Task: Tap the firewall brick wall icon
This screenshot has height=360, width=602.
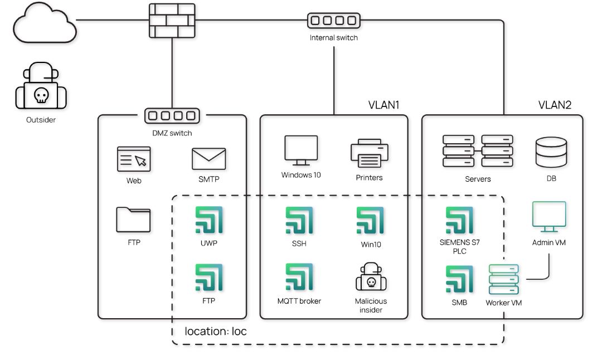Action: (x=172, y=21)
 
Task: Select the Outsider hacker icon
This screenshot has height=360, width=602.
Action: (x=41, y=90)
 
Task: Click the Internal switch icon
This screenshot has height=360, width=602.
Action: (x=333, y=21)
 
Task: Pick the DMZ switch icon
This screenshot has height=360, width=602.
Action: (x=172, y=116)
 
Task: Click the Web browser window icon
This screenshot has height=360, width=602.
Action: (x=134, y=159)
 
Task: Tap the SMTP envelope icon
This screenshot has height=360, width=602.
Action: (x=208, y=159)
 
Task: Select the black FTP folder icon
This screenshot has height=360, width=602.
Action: (x=133, y=220)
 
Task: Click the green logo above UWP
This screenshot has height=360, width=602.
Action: (x=209, y=220)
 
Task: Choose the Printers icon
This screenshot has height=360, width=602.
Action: (x=369, y=153)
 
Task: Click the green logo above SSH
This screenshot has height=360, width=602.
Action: (x=299, y=220)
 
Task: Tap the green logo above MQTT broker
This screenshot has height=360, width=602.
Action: (x=299, y=278)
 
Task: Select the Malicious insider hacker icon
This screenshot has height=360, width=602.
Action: (x=371, y=276)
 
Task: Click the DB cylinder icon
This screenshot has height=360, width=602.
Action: (x=551, y=152)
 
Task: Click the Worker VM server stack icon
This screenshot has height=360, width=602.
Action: (x=503, y=280)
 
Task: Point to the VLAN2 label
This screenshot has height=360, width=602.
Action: (x=555, y=105)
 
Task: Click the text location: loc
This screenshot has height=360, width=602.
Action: (x=216, y=331)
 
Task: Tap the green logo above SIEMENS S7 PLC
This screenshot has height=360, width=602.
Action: (x=459, y=220)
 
